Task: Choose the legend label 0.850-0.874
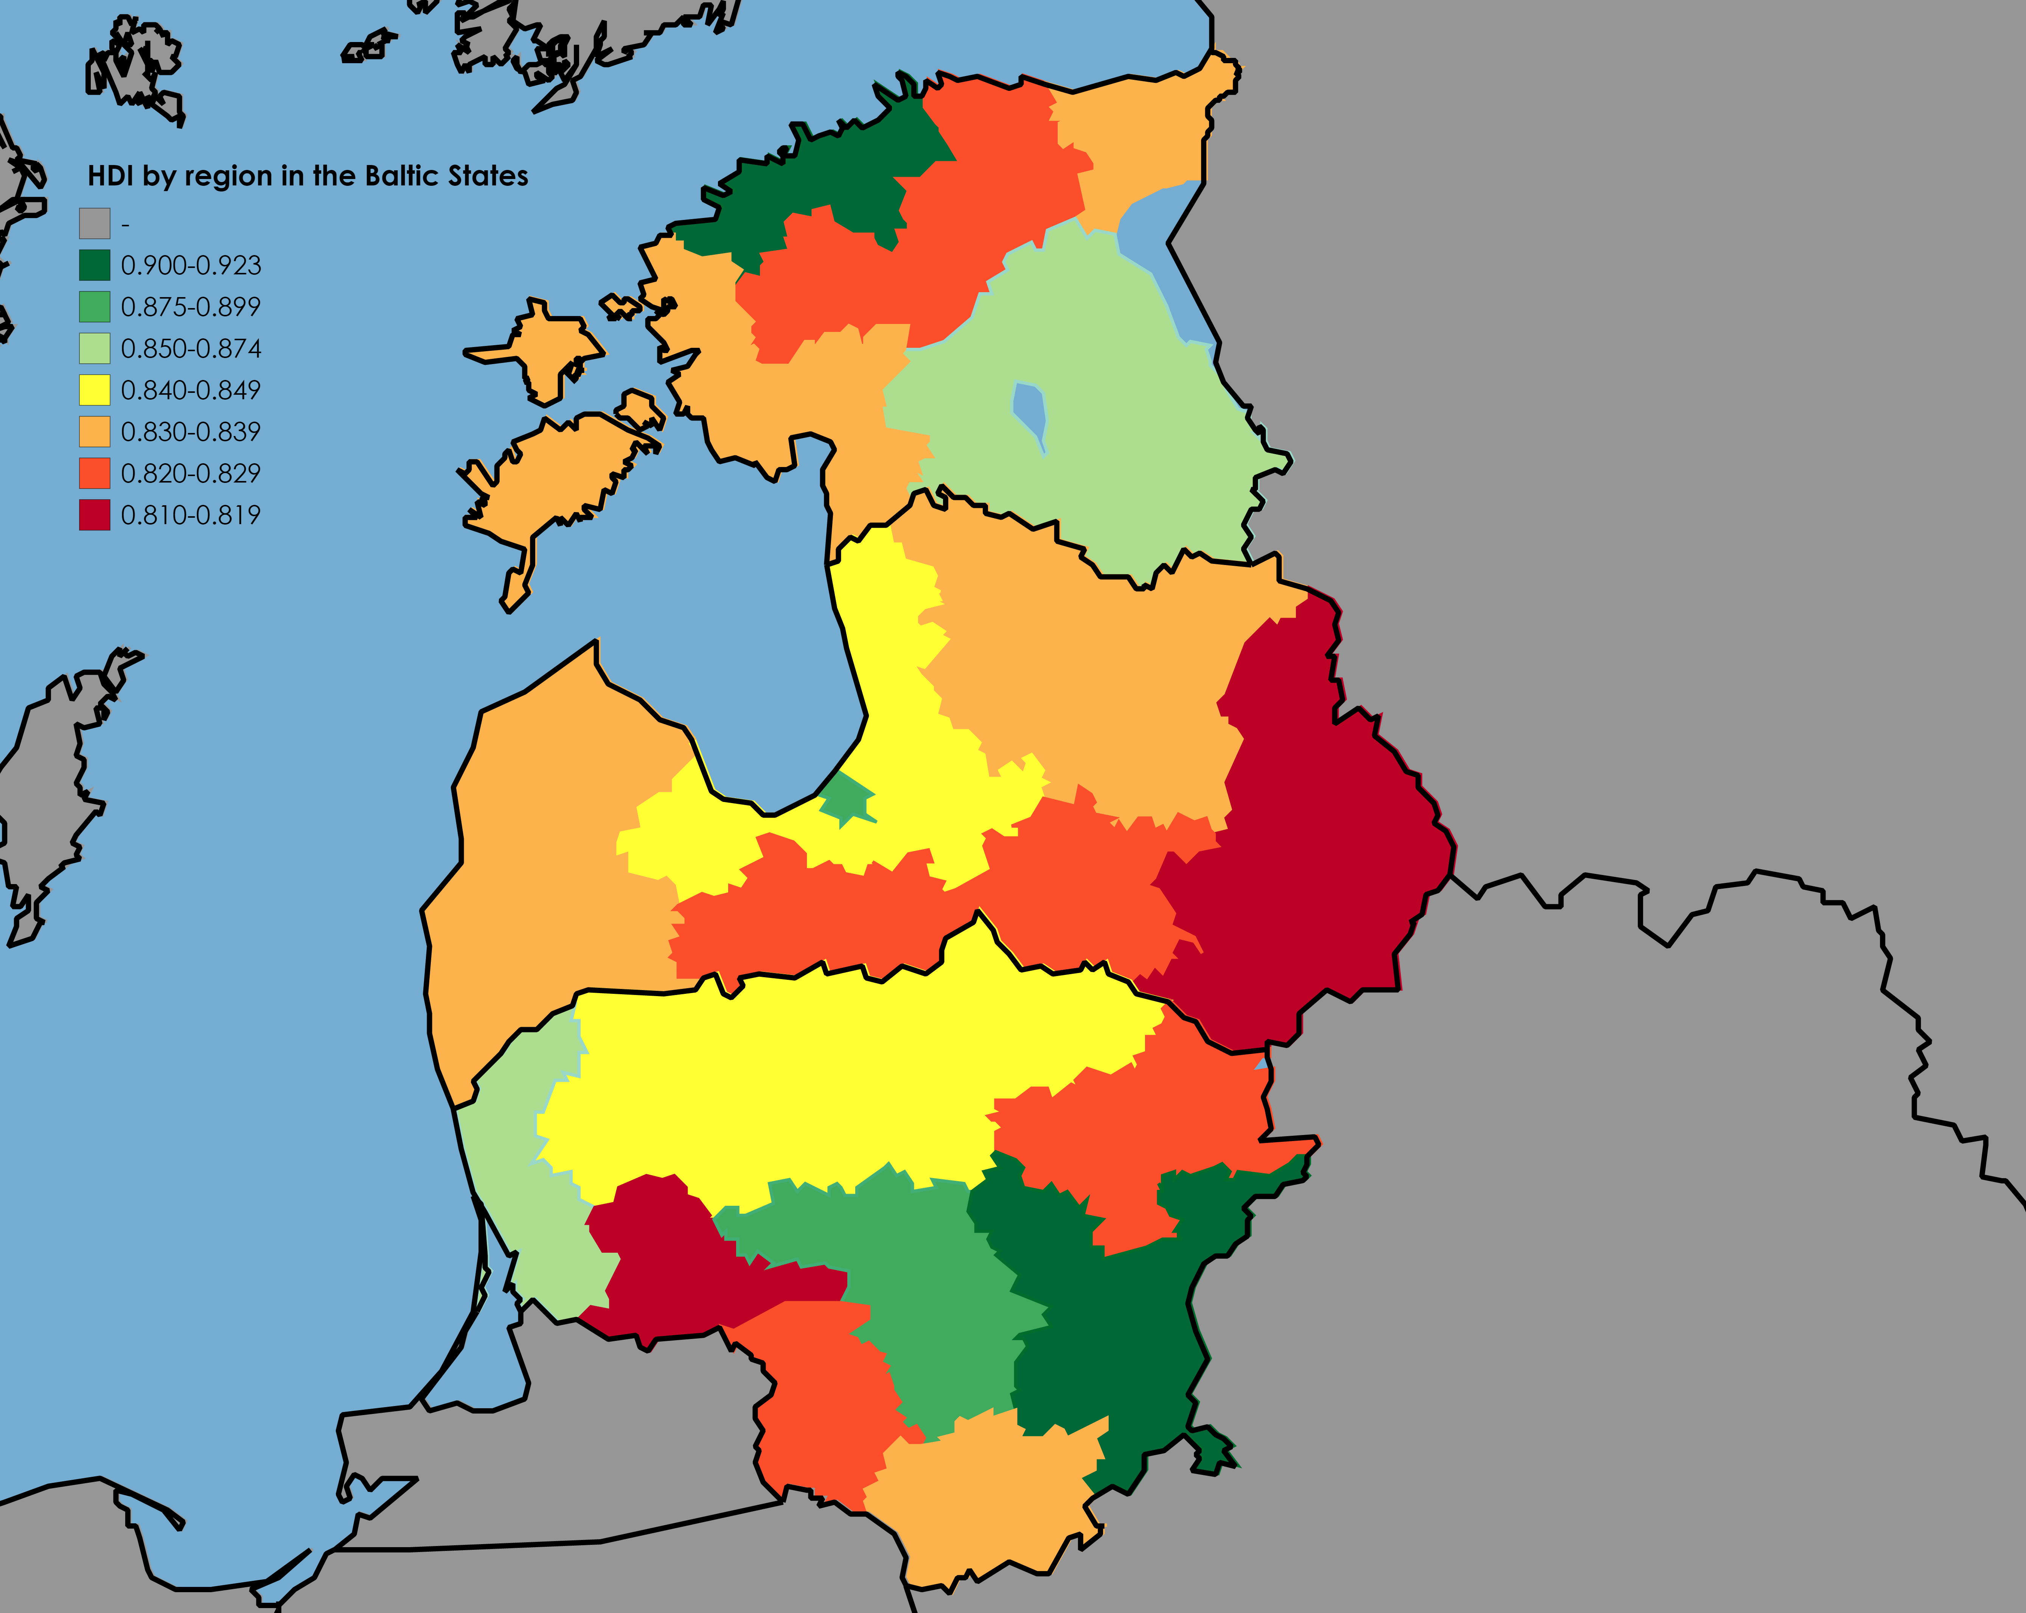click(191, 349)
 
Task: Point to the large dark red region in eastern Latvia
click(1316, 846)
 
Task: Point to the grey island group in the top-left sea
click(136, 70)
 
